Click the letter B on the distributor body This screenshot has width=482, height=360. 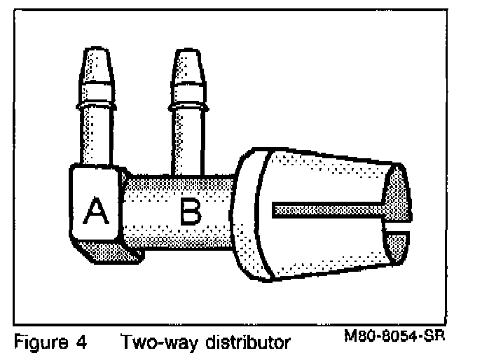[x=188, y=211]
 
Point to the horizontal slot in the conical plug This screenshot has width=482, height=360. [x=326, y=209]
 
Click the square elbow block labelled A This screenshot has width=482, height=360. [x=97, y=203]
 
